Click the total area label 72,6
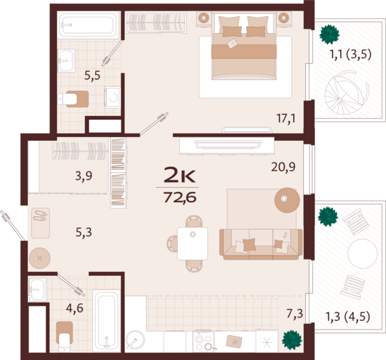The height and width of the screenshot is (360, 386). (180, 197)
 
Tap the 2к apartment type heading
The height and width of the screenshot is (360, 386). (180, 174)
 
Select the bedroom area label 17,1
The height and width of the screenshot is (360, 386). (286, 119)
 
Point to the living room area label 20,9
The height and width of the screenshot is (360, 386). (283, 167)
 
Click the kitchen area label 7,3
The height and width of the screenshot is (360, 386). (294, 314)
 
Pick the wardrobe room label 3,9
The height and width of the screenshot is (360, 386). (83, 176)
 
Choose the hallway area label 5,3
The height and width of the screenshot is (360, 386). (83, 232)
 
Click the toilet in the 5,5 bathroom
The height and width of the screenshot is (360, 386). (73, 99)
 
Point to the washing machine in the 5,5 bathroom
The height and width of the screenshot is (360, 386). (113, 98)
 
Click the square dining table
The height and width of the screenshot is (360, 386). (193, 243)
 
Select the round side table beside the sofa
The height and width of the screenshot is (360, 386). (287, 200)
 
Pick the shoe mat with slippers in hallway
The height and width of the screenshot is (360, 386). (41, 223)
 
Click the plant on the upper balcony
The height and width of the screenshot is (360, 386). (329, 35)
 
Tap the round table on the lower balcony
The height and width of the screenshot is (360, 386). (362, 254)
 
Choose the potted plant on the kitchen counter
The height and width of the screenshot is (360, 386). (292, 340)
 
